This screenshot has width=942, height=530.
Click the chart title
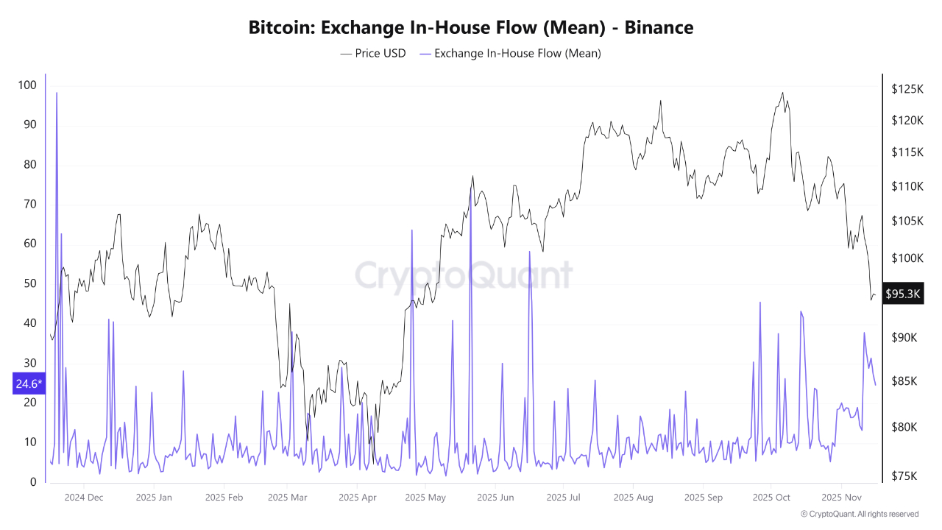471,28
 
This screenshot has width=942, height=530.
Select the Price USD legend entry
373,53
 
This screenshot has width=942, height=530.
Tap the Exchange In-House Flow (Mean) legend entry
510,53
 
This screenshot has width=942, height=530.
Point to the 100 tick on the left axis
27,85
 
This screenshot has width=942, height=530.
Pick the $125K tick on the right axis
907,89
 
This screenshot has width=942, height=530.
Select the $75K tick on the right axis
904,476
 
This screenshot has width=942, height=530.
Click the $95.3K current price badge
903,294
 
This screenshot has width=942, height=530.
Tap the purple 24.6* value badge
29,384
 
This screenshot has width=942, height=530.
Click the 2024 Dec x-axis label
84,497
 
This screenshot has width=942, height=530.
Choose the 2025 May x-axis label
426,497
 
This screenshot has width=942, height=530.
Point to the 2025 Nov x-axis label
840,497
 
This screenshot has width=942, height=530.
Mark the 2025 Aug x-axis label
632,497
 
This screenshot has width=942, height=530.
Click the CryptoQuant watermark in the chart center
464,275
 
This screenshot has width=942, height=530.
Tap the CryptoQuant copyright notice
860,514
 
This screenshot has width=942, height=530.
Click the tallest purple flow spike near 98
57,93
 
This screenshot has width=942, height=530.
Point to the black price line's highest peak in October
782,93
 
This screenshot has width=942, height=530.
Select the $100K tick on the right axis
907,258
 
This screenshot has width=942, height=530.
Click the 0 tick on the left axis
32,482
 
